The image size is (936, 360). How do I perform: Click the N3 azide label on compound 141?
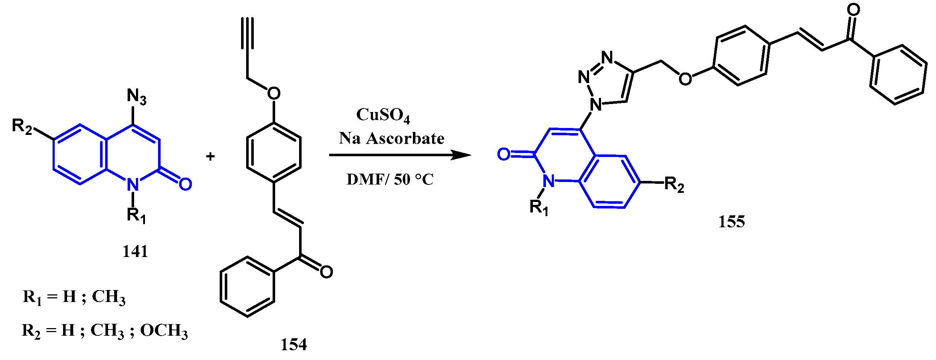pyautogui.click(x=137, y=97)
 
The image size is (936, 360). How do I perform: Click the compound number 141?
pyautogui.click(x=135, y=251)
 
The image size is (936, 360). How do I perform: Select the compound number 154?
pyautogui.click(x=294, y=344)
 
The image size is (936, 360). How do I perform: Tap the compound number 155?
pyautogui.click(x=732, y=222)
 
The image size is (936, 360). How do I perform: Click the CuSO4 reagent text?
pyautogui.click(x=383, y=115)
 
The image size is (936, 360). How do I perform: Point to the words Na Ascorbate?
pyautogui.click(x=392, y=138)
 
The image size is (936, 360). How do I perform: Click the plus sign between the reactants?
pyautogui.click(x=210, y=157)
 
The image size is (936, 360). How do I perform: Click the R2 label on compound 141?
pyautogui.click(x=22, y=126)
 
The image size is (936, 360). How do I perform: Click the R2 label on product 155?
pyautogui.click(x=674, y=185)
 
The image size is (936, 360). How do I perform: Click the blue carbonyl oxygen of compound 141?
pyautogui.click(x=185, y=184)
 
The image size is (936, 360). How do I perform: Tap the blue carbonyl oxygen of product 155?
pyautogui.click(x=504, y=154)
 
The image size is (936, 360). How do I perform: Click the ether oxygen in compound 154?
pyautogui.click(x=274, y=94)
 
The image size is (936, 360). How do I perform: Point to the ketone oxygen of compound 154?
pyautogui.click(x=326, y=272)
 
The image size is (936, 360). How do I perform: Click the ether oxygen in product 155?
pyautogui.click(x=685, y=78)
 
